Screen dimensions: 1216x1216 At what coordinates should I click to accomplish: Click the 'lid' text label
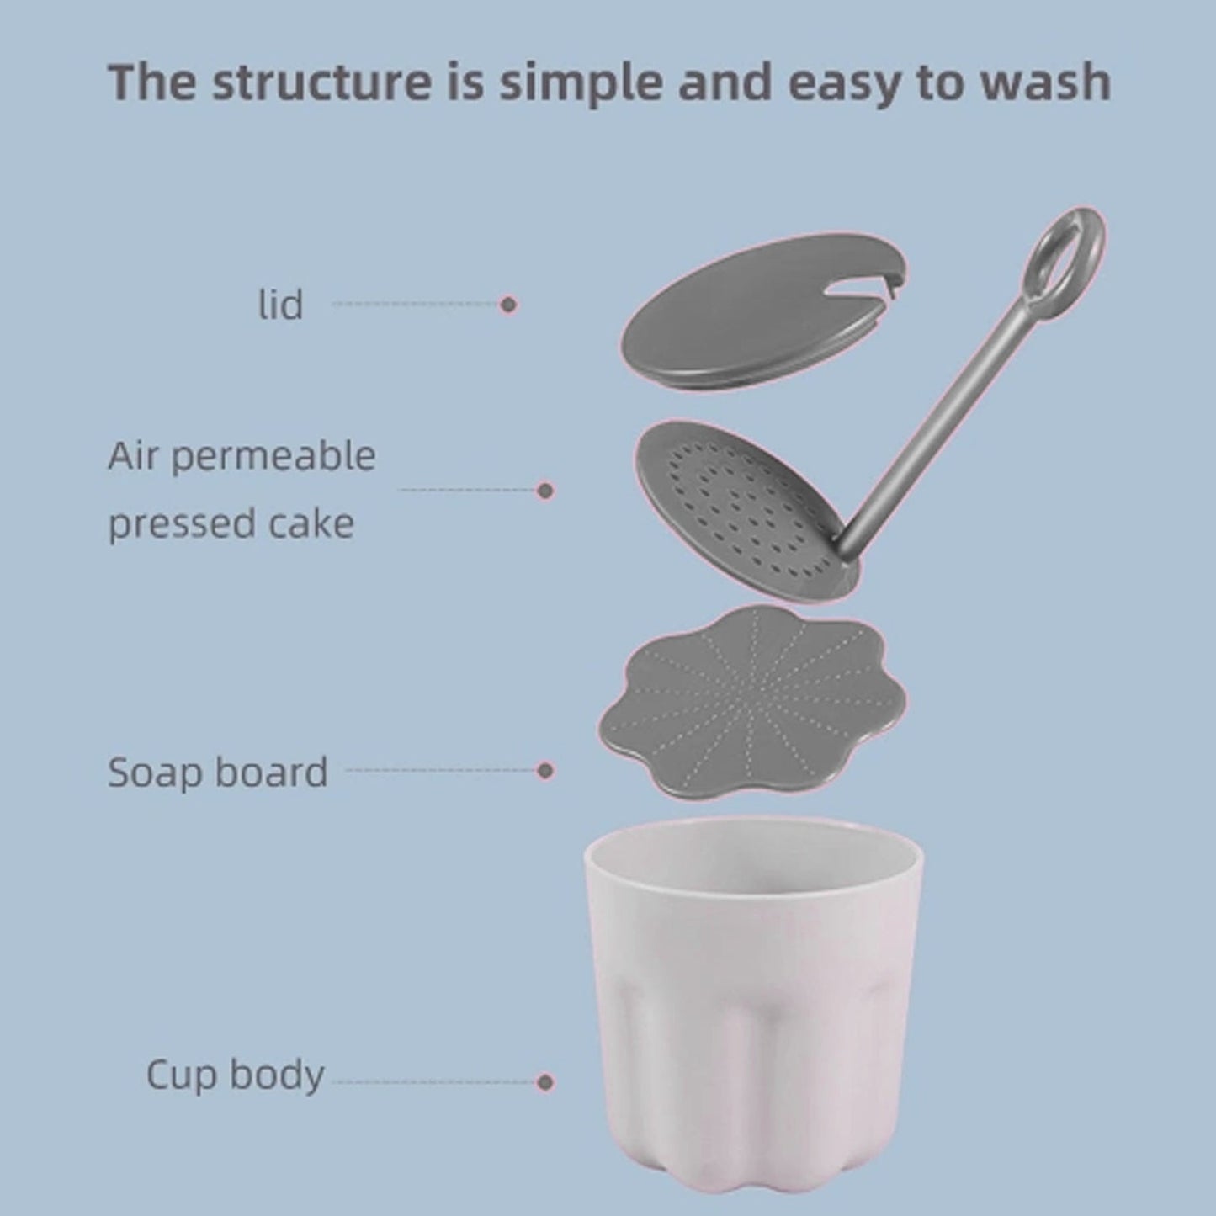[280, 305]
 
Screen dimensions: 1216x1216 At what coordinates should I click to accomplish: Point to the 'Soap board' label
[217, 772]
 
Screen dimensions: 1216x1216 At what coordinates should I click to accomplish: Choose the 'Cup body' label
[235, 1075]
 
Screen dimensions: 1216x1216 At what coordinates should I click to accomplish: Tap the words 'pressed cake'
[231, 524]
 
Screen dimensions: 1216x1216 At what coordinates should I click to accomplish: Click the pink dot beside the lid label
[507, 305]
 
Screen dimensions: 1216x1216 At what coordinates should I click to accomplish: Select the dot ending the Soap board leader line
[545, 770]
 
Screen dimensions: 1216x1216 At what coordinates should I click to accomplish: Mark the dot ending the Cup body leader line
[545, 1081]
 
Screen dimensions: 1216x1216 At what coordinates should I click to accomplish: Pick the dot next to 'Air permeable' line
[545, 490]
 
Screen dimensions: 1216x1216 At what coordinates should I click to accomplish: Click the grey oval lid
[741, 320]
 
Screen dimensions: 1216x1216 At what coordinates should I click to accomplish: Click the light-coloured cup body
[753, 968]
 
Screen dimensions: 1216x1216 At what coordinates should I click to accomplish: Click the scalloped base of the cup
[753, 1178]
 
